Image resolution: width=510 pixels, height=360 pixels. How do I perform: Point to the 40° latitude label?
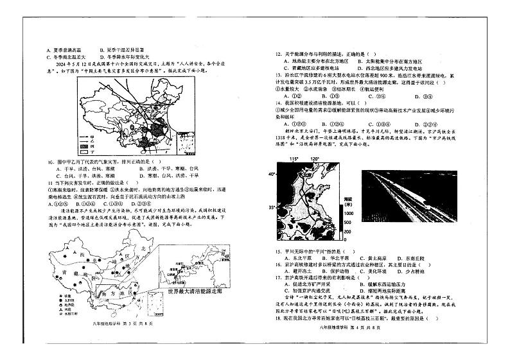271,175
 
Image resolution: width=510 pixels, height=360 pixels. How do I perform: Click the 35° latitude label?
271,207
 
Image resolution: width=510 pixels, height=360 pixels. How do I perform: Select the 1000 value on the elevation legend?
348,212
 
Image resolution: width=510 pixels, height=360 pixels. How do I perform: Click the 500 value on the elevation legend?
348,223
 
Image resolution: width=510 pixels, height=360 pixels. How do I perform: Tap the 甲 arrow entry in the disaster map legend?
90,137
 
